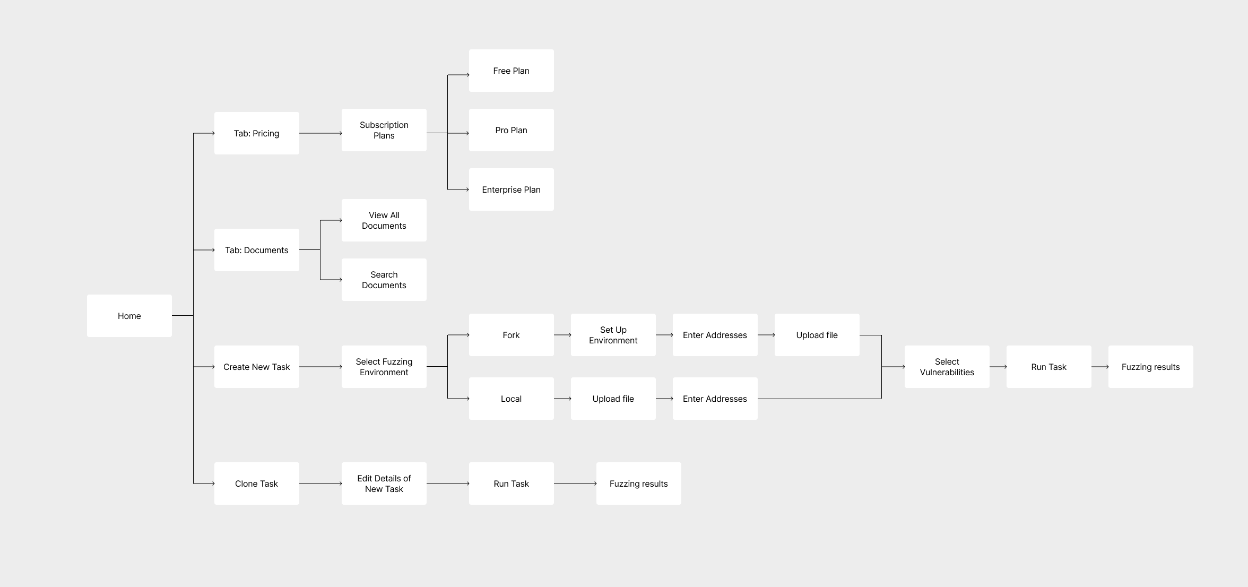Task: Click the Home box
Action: [x=129, y=316]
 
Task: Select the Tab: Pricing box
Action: [x=256, y=133]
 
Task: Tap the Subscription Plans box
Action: [x=384, y=130]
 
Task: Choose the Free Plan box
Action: [x=511, y=71]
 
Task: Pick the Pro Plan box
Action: [x=511, y=130]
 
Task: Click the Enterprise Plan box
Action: [x=511, y=189]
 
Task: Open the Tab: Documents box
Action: [x=256, y=250]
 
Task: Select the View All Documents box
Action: [x=384, y=220]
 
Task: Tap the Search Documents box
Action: [x=384, y=280]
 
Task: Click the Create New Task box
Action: [x=256, y=367]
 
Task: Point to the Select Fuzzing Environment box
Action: [x=384, y=367]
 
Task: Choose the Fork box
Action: [x=511, y=335]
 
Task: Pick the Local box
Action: [x=511, y=399]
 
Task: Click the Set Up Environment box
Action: [x=613, y=335]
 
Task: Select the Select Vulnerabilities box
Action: [x=947, y=367]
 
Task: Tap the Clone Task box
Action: [x=256, y=484]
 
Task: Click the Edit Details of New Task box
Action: [x=384, y=484]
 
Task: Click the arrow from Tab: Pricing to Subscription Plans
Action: [x=320, y=133]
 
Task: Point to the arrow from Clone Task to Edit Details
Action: [x=320, y=484]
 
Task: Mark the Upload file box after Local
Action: [x=613, y=399]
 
